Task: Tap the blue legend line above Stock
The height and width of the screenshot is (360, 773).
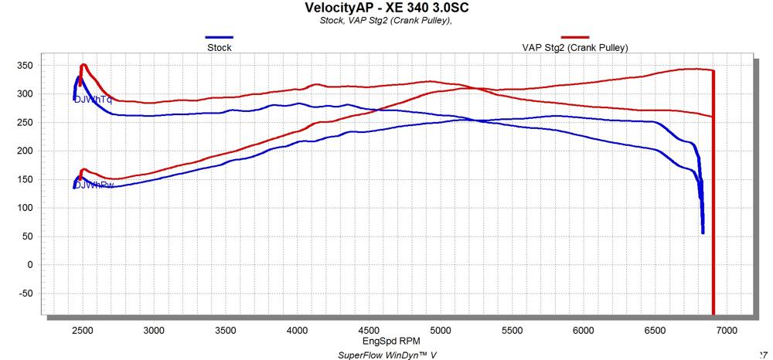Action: (x=220, y=37)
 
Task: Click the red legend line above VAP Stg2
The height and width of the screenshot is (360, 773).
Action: (x=575, y=37)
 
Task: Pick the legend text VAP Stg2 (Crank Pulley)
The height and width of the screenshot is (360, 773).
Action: (x=575, y=47)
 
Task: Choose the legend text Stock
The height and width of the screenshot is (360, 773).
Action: (x=220, y=47)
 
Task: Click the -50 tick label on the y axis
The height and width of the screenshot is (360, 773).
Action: (x=24, y=293)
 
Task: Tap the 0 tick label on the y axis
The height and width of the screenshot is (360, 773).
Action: (x=30, y=264)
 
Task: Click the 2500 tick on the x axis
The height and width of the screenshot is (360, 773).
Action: (x=83, y=330)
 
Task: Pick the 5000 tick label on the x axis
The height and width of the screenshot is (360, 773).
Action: (x=441, y=330)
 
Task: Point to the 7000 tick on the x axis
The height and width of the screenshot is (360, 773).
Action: (x=727, y=330)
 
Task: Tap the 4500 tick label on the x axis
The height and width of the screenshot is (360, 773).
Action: (x=369, y=330)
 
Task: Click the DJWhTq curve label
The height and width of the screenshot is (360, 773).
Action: (x=93, y=99)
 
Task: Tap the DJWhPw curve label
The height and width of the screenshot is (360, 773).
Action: (x=93, y=185)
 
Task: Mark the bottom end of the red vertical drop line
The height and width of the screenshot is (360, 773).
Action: (x=713, y=312)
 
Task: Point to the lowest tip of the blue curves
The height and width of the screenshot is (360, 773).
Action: (x=703, y=232)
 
